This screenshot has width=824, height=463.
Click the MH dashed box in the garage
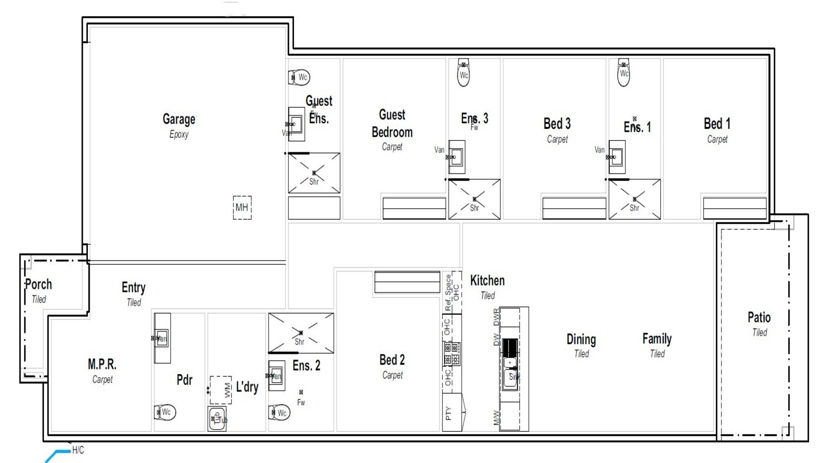[x=242, y=207]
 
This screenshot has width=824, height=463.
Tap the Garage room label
[x=179, y=119]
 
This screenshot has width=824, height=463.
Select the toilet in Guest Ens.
[x=300, y=77]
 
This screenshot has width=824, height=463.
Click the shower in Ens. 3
[x=474, y=199]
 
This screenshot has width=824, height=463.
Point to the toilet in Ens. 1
[x=623, y=73]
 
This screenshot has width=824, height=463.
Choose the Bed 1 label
[x=717, y=124]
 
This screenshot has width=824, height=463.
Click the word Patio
[x=759, y=317]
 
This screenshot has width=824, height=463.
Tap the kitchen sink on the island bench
[x=510, y=376]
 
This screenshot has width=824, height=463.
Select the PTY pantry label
[x=449, y=413]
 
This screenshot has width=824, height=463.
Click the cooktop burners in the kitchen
[x=451, y=354]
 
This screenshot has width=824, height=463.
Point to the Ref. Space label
[x=448, y=293]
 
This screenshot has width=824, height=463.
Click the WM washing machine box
[x=221, y=390]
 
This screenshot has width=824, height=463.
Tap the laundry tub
[x=217, y=419]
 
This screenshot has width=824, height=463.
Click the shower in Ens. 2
[x=301, y=333]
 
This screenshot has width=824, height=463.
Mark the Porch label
[x=38, y=284]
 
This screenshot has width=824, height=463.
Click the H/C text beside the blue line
[x=78, y=450]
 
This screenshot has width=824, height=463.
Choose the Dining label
[x=581, y=339]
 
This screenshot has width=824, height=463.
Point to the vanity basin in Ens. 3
[x=456, y=157]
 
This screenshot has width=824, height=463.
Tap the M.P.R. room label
[x=102, y=364]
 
